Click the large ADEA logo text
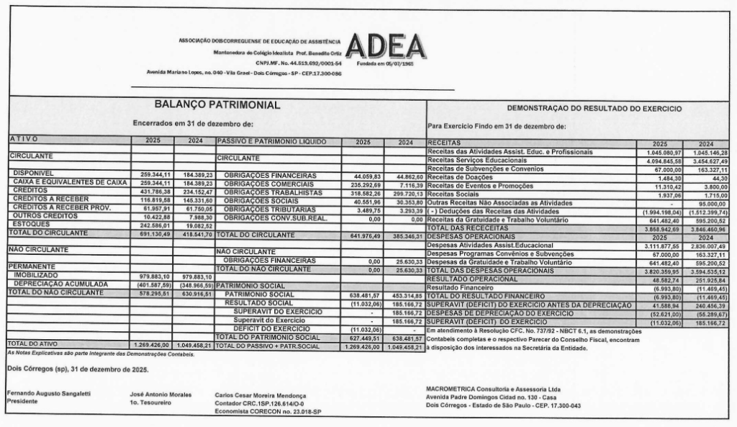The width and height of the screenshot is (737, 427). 385,48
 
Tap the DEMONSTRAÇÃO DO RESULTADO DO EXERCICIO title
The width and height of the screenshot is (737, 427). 583,108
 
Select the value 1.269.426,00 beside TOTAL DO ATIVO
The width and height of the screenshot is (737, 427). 152,345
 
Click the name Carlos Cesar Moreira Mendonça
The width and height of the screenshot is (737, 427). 261,395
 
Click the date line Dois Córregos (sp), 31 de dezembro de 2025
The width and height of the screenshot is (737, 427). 77,369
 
